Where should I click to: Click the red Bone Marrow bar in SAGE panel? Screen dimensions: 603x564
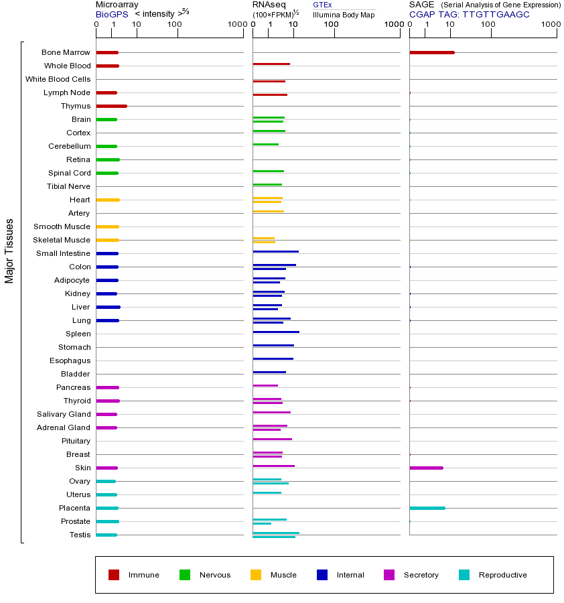pos(431,52)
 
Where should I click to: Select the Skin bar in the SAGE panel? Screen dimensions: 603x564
pos(426,468)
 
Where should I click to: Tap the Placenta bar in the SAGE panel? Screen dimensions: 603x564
pos(427,508)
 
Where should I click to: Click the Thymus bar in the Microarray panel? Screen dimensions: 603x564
pos(111,106)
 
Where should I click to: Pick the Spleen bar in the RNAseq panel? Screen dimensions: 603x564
pos(276,332)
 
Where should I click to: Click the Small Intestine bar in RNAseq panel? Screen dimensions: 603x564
pos(275,251)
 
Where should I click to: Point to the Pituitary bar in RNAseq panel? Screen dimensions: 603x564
pos(272,439)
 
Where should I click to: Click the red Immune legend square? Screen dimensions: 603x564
pos(114,575)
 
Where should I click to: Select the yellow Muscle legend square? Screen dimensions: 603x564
pos(256,575)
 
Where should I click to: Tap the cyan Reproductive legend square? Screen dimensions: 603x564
pos(464,575)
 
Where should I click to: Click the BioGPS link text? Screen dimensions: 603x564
pos(109,14)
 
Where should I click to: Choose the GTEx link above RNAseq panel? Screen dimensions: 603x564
pos(322,5)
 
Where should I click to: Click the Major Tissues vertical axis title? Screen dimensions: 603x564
pos(9,251)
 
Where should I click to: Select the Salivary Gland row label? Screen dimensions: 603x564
pos(64,414)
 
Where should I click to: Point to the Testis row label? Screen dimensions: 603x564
pos(80,535)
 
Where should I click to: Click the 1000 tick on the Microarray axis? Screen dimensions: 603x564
pos(236,25)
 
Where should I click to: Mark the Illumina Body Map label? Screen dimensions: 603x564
pos(344,14)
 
